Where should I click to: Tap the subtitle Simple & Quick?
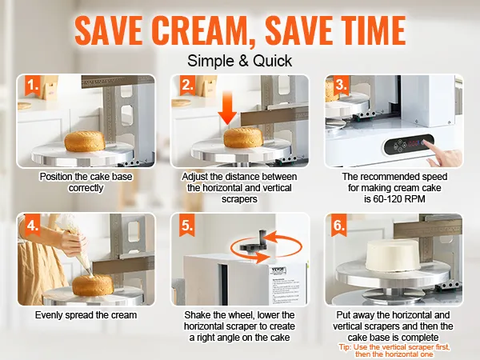point(240,61)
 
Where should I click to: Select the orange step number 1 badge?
point(33,85)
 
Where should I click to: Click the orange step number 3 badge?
point(341,85)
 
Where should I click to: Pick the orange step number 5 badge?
point(186,226)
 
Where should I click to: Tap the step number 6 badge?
point(339,226)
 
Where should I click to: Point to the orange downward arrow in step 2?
point(227,109)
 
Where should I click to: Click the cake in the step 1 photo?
point(85,141)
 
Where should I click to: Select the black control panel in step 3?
point(410,144)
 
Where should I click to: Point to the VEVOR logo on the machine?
point(278,270)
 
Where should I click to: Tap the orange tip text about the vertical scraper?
point(394,351)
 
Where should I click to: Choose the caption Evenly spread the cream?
point(86,315)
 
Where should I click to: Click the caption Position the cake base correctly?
point(86,182)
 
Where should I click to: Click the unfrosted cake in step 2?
point(243,137)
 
